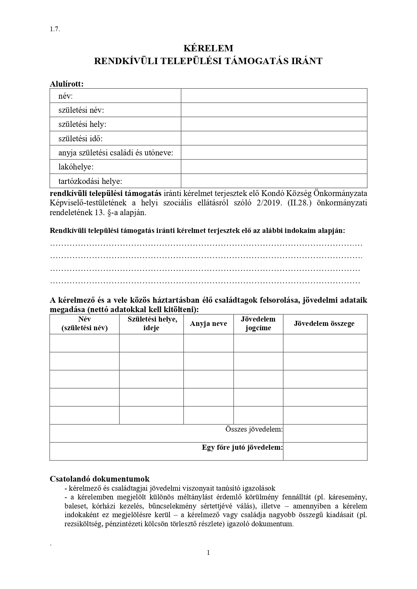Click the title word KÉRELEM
click(208, 48)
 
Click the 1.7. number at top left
click(55, 29)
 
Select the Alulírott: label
click(67, 84)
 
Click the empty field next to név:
click(274, 96)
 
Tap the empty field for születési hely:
click(274, 124)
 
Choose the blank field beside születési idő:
click(274, 138)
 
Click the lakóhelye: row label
click(76, 167)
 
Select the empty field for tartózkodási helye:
click(274, 181)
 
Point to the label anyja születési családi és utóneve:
click(116, 153)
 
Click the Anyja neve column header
click(208, 324)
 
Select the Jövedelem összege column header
click(324, 324)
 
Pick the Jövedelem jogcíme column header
click(258, 324)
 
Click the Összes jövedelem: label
click(254, 429)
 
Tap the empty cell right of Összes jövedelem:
click(325, 433)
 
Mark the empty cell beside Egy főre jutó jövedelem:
click(325, 451)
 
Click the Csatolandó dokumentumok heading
click(99, 479)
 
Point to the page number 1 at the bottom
click(208, 553)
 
